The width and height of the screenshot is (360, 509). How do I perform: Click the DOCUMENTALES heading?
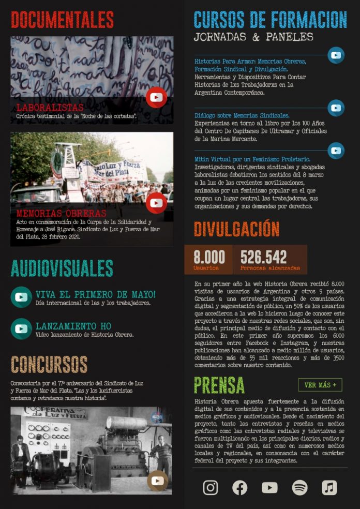coord(62,20)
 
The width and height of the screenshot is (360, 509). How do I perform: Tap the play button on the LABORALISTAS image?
coord(156,97)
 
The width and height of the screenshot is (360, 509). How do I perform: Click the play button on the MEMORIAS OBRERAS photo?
coord(156,203)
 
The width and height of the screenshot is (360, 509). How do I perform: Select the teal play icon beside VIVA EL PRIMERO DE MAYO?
coord(21,297)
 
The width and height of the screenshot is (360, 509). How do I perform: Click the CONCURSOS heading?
coord(49,364)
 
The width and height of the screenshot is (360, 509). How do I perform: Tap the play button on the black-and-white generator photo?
coord(157,481)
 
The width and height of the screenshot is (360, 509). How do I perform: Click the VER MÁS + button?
coord(320,385)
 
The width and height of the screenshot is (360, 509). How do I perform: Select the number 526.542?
coord(263,257)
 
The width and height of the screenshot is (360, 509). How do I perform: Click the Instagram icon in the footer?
coord(210,487)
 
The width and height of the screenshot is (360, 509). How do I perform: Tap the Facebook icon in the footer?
coord(239,487)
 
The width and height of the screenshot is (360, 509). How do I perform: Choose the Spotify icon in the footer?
coord(299,487)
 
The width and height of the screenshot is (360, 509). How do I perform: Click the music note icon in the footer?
coord(329,487)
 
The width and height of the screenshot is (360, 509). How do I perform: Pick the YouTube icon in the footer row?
coord(269,487)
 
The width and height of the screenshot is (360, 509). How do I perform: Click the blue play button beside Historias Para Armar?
coord(336,55)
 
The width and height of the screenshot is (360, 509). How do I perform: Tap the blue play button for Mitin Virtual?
coord(336,151)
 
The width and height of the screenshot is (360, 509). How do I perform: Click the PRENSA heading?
coord(219,385)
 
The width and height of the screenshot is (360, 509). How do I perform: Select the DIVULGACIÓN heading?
coord(236,229)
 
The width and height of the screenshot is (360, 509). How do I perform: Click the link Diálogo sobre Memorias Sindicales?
coord(242,115)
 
